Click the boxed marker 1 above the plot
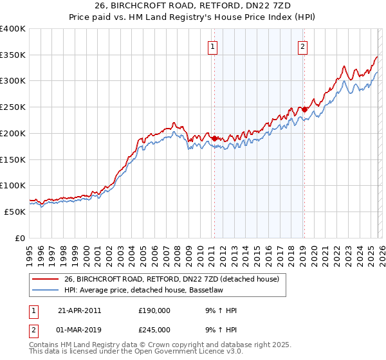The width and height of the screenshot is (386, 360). tap(212, 46)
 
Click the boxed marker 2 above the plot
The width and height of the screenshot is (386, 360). tap(302, 46)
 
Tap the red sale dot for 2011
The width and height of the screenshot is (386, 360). tap(214, 138)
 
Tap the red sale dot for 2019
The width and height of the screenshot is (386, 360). tap(304, 109)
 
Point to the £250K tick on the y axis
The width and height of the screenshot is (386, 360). tap(13, 107)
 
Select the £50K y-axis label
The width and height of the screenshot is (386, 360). tap(15, 212)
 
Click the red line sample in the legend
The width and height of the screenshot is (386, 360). tap(45, 279)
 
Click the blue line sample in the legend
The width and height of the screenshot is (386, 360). tap(45, 290)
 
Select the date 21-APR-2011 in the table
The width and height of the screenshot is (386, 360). tap(79, 310)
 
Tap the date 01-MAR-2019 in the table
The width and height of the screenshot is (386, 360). tap(80, 330)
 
